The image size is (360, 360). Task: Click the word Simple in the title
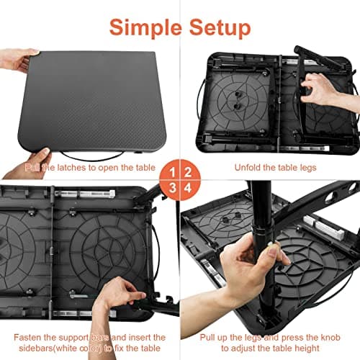point(145,28)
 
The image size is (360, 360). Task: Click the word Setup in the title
point(220,28)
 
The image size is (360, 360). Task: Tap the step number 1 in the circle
point(172,173)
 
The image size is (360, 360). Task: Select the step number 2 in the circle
point(188,173)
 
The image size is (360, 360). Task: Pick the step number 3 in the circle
point(172,188)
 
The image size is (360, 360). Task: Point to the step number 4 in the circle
point(188,188)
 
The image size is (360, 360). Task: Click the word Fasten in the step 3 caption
point(27,337)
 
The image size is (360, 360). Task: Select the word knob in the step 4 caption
point(330,338)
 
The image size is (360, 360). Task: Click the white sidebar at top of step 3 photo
point(85,194)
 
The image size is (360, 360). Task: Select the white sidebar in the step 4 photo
point(324,226)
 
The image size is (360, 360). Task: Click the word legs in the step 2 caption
point(308,168)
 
